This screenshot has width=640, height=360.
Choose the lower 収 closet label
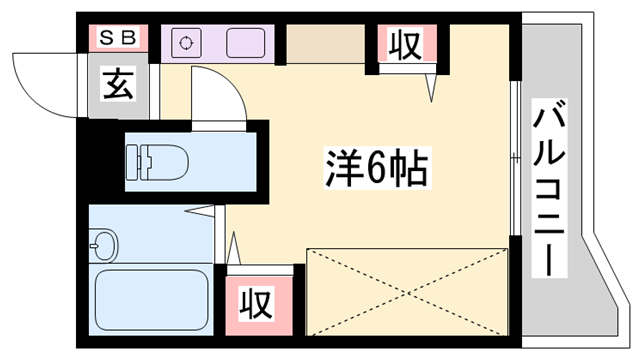tap(257, 300)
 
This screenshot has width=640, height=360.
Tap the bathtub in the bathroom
tap(151, 297)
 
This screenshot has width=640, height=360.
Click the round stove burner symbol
tap(187, 43)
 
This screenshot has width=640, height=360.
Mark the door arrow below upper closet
tap(433, 88)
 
